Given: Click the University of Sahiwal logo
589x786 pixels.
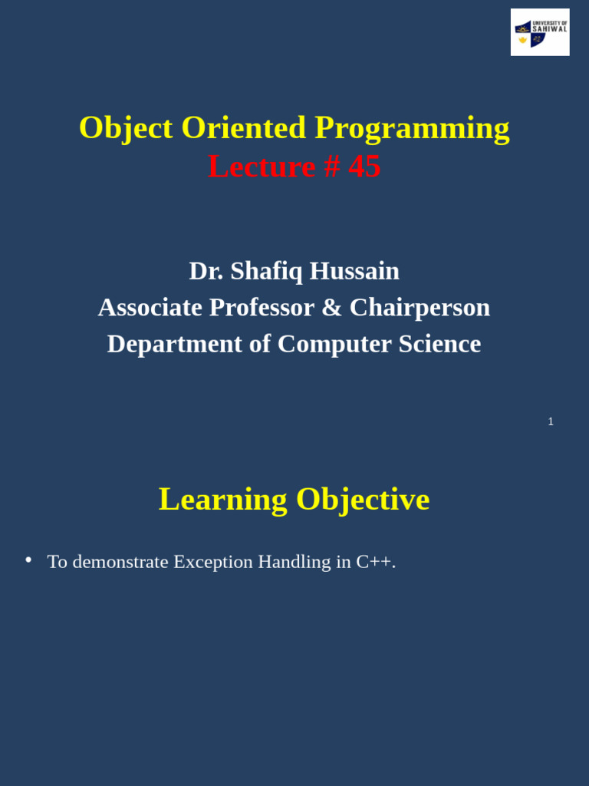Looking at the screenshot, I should (540, 32).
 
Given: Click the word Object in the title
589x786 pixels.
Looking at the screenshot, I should (126, 128).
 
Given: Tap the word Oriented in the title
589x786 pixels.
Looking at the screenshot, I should (243, 128).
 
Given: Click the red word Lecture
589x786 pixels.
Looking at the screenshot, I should (262, 167).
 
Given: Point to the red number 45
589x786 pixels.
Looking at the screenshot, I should (364, 167).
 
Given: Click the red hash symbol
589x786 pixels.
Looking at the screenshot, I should (331, 167).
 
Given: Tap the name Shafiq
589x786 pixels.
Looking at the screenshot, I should (266, 271).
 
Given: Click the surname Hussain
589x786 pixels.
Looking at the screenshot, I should (354, 271).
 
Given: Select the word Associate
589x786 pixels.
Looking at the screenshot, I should (150, 308).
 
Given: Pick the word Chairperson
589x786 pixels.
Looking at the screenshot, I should (420, 308).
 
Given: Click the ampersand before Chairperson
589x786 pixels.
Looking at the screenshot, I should (331, 308).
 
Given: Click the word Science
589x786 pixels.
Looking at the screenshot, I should (439, 344).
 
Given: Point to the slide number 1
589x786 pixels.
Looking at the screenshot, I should (551, 421).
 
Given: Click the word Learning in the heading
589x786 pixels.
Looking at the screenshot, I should (222, 500).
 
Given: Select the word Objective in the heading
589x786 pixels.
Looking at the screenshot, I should (363, 500).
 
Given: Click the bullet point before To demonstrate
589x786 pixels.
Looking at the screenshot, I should (28, 560).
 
